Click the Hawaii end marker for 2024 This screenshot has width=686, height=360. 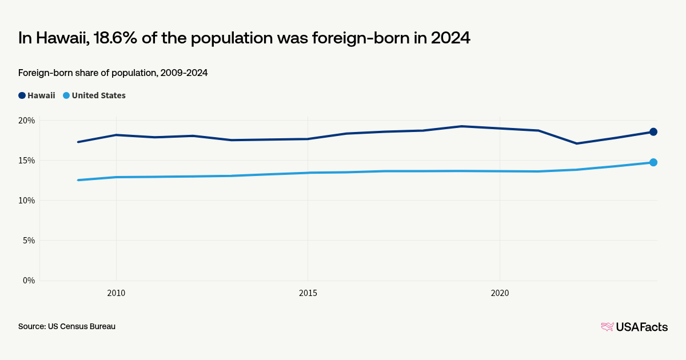653,132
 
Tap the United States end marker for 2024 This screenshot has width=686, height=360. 653,162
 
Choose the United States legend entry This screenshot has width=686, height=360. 94,95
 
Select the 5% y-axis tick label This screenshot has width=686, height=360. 29,241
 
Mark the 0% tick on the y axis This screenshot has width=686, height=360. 29,281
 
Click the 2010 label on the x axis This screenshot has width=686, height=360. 116,293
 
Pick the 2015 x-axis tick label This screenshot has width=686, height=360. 308,293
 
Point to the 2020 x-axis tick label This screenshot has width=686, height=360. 500,293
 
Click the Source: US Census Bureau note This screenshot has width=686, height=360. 67,326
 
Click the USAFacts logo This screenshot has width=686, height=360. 634,327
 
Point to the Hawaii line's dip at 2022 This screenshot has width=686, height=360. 577,143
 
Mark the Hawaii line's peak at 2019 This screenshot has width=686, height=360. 461,126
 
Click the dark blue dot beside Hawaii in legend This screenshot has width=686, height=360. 22,95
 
